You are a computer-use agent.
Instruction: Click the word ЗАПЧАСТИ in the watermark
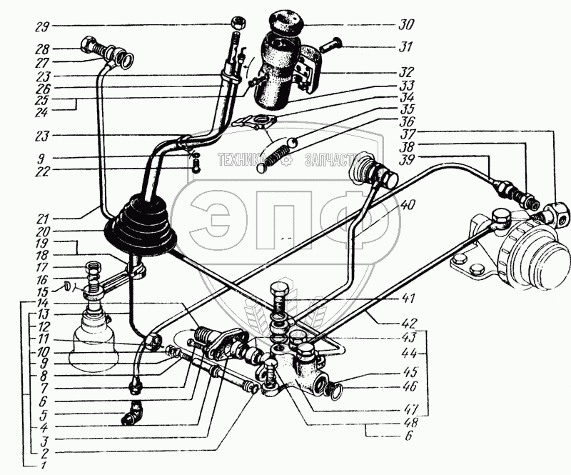coord(332,160)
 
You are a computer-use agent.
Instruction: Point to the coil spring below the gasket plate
coord(275,156)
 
